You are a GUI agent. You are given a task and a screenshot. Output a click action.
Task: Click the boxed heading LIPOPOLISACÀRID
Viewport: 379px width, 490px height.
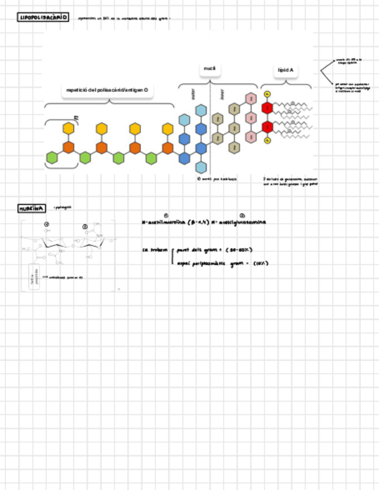click(43, 18)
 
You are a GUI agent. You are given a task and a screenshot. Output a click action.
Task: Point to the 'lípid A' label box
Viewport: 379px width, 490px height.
click(285, 70)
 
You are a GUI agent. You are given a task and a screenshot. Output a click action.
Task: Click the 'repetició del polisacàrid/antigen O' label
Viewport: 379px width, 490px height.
click(107, 90)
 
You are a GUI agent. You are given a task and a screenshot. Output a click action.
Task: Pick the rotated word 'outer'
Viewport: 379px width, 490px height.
click(194, 94)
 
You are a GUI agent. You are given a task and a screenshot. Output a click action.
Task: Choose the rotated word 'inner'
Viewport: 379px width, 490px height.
click(221, 94)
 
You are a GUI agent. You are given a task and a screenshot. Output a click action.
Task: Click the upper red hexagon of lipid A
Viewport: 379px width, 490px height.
click(267, 108)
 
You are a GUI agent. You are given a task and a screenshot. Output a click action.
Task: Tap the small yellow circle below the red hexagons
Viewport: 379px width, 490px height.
click(267, 140)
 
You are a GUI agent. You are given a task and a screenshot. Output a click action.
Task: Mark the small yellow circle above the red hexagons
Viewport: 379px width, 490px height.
click(267, 94)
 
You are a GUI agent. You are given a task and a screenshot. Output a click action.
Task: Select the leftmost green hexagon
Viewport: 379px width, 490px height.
click(53, 157)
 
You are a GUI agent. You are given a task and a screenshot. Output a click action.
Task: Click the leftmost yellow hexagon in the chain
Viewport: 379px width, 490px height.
click(69, 128)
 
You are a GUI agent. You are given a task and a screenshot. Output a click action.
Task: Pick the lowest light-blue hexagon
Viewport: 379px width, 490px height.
click(201, 168)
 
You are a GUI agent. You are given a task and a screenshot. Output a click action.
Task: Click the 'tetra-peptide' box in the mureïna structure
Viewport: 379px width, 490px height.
click(34, 278)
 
